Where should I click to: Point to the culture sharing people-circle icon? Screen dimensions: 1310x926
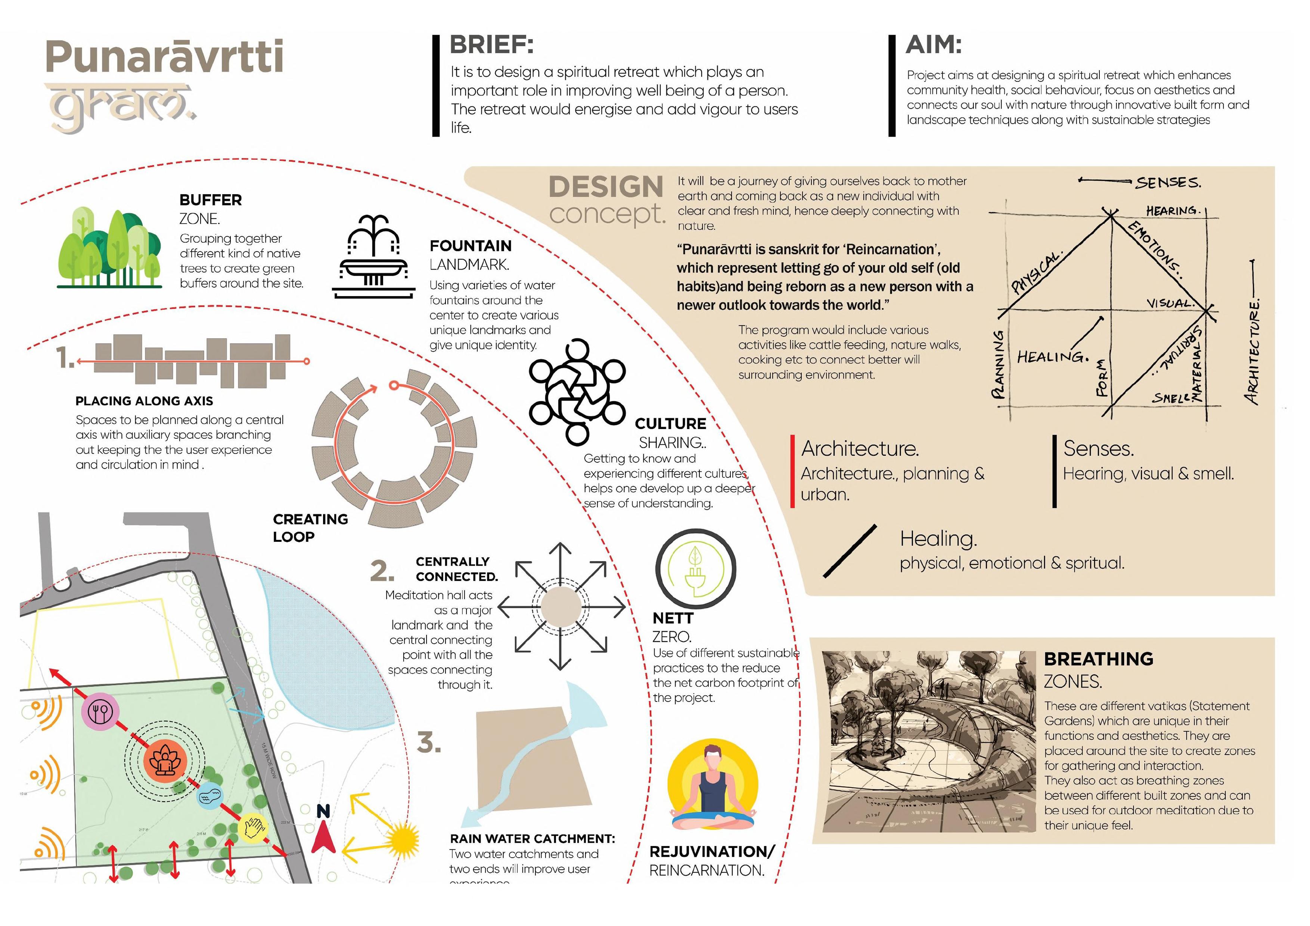click(577, 392)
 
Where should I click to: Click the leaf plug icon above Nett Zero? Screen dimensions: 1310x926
click(695, 569)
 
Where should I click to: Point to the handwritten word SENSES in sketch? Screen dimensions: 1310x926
click(1168, 183)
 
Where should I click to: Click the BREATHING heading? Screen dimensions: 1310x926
click(1098, 659)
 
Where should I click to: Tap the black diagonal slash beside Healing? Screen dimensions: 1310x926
click(850, 551)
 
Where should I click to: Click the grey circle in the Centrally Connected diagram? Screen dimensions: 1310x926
click(561, 607)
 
